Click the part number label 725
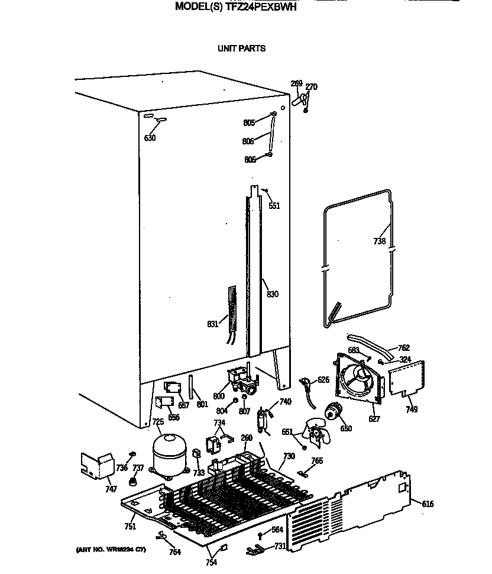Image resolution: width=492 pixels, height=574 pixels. tap(158, 422)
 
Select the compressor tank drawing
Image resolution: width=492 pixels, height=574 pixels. tap(169, 454)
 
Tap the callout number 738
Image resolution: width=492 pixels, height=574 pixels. tap(380, 241)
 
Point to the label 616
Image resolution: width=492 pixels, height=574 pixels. tap(428, 504)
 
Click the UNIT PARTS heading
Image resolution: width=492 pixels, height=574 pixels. tap(242, 49)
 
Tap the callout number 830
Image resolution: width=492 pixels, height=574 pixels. tap(272, 294)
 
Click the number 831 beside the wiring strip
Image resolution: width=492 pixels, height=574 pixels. tap(213, 324)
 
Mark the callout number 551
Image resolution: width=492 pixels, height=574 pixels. tap(274, 206)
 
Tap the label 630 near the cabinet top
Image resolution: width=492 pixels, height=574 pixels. tap(150, 138)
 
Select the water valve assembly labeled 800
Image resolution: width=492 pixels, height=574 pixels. tap(242, 380)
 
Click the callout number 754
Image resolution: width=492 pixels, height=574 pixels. tap(211, 563)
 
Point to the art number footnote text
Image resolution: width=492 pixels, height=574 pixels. tap(111, 550)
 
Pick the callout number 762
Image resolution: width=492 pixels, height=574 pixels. tap(404, 348)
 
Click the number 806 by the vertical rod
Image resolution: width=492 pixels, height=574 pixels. tap(248, 141)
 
